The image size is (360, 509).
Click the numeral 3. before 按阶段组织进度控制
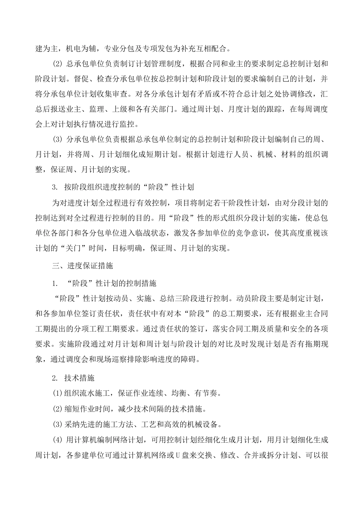pyautogui.click(x=55, y=187)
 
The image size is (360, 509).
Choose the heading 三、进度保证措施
pyautogui.click(x=82, y=266)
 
